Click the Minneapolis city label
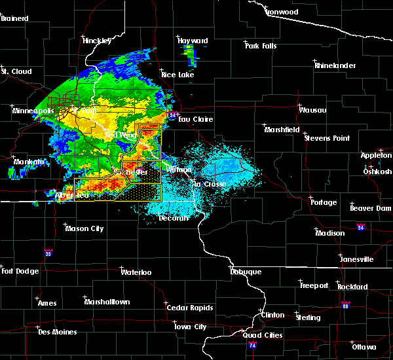pos(33,111)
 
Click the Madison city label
pos(329,233)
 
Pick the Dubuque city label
pos(246,272)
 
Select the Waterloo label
pos(136,272)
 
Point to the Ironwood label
pos(282,12)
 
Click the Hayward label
pos(193,41)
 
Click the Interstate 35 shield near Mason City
pos(48,253)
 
